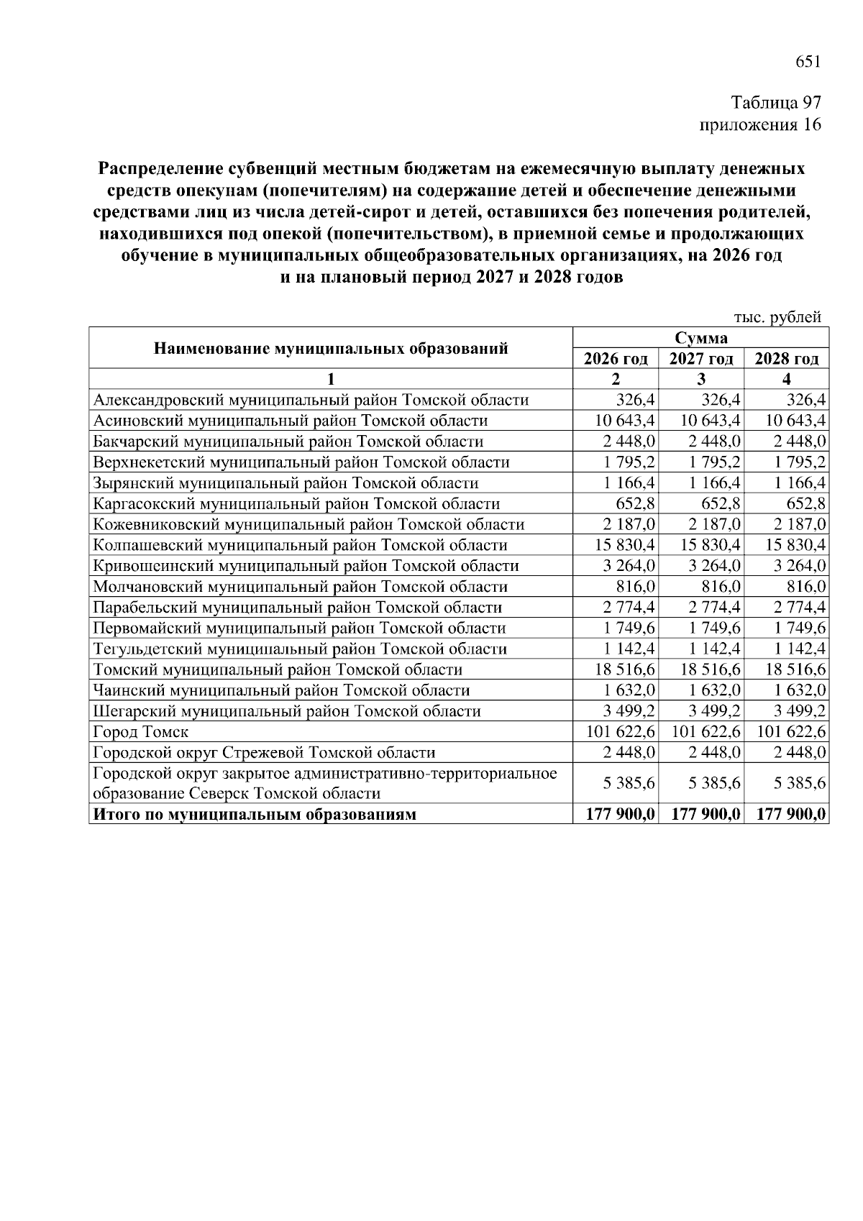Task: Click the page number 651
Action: pos(808,62)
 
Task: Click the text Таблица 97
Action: pos(776,103)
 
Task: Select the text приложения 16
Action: pos(760,125)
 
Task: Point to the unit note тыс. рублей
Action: pos(777,317)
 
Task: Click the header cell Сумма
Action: pos(701,338)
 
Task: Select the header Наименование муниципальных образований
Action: pos(331,349)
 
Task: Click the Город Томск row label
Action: pos(141,732)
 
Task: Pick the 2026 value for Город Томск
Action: pos(616,732)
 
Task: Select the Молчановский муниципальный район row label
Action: pos(301,587)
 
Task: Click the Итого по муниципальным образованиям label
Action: pos(255,815)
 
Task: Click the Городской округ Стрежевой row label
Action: pos(264,753)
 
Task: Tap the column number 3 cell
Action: pos(701,379)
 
